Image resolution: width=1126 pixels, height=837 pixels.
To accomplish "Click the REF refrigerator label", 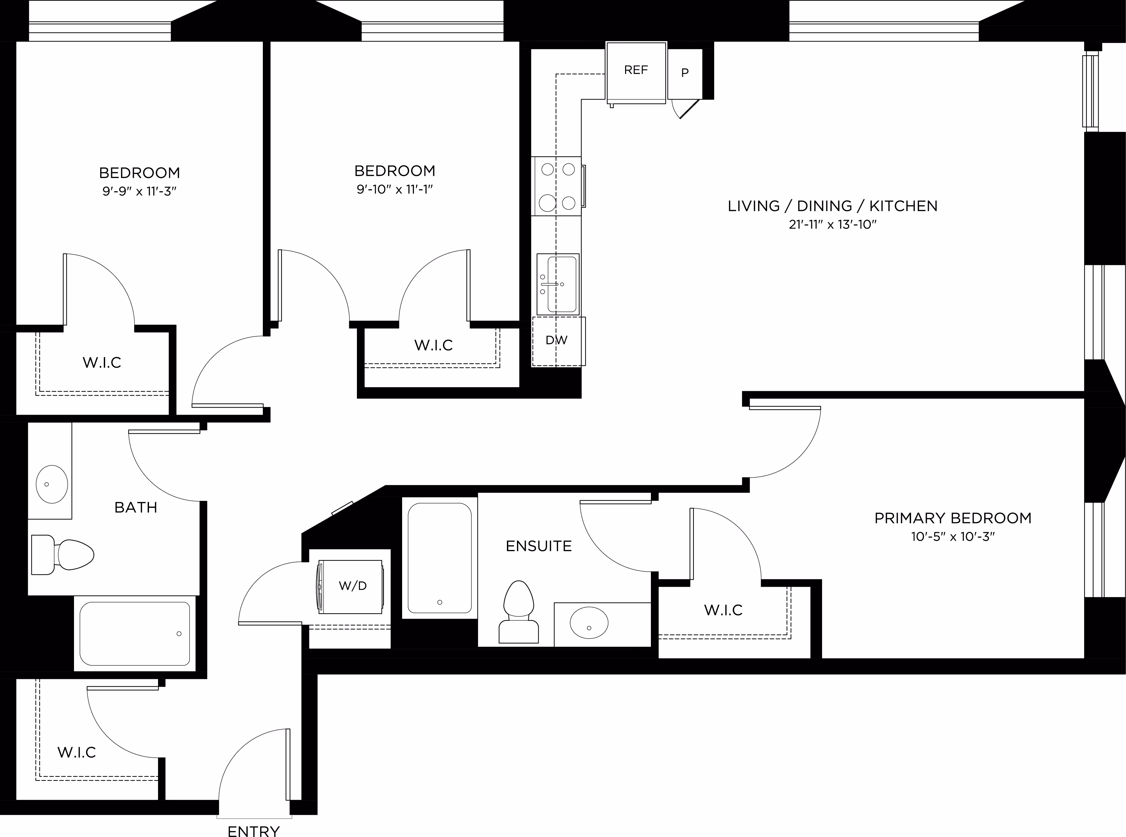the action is click(x=636, y=70).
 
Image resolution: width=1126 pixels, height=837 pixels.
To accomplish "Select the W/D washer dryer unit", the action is click(x=350, y=587).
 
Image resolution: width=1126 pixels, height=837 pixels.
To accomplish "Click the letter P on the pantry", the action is click(x=685, y=72).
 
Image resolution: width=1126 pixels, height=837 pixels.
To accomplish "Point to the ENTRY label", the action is click(x=253, y=831).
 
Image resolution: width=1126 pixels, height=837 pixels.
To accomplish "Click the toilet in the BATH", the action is click(x=62, y=555).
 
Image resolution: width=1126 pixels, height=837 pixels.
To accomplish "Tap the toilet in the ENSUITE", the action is click(x=519, y=612).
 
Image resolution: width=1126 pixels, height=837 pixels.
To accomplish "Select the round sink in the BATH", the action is click(x=52, y=484).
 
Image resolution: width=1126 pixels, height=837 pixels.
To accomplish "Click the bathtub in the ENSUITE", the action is click(x=440, y=557).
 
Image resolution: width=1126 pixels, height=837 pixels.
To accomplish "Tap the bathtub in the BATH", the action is click(x=135, y=633).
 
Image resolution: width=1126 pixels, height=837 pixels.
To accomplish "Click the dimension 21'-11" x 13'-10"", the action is click(x=832, y=224).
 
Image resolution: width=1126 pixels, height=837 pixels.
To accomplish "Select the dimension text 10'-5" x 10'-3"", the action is click(x=953, y=537).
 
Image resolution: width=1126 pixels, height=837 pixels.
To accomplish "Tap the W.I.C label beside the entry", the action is click(x=76, y=752).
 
